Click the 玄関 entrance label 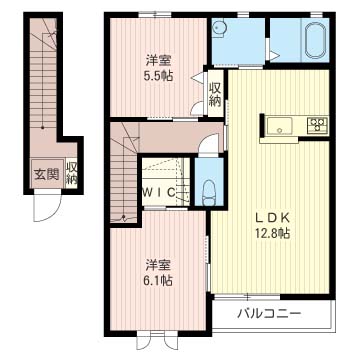(x=47, y=174)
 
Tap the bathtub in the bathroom (x=316, y=40)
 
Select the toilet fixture (x=209, y=193)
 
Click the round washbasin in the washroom (x=218, y=27)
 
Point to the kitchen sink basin (x=279, y=126)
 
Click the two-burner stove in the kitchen (x=317, y=126)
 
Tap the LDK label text (x=271, y=218)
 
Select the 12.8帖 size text (x=271, y=233)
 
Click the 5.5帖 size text (x=158, y=76)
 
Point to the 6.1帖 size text (x=158, y=281)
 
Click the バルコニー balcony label (x=269, y=313)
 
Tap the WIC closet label (x=159, y=193)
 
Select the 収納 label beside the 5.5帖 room (x=215, y=94)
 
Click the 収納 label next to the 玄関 (x=71, y=173)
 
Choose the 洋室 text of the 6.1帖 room (x=158, y=265)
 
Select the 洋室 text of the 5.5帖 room (x=158, y=61)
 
